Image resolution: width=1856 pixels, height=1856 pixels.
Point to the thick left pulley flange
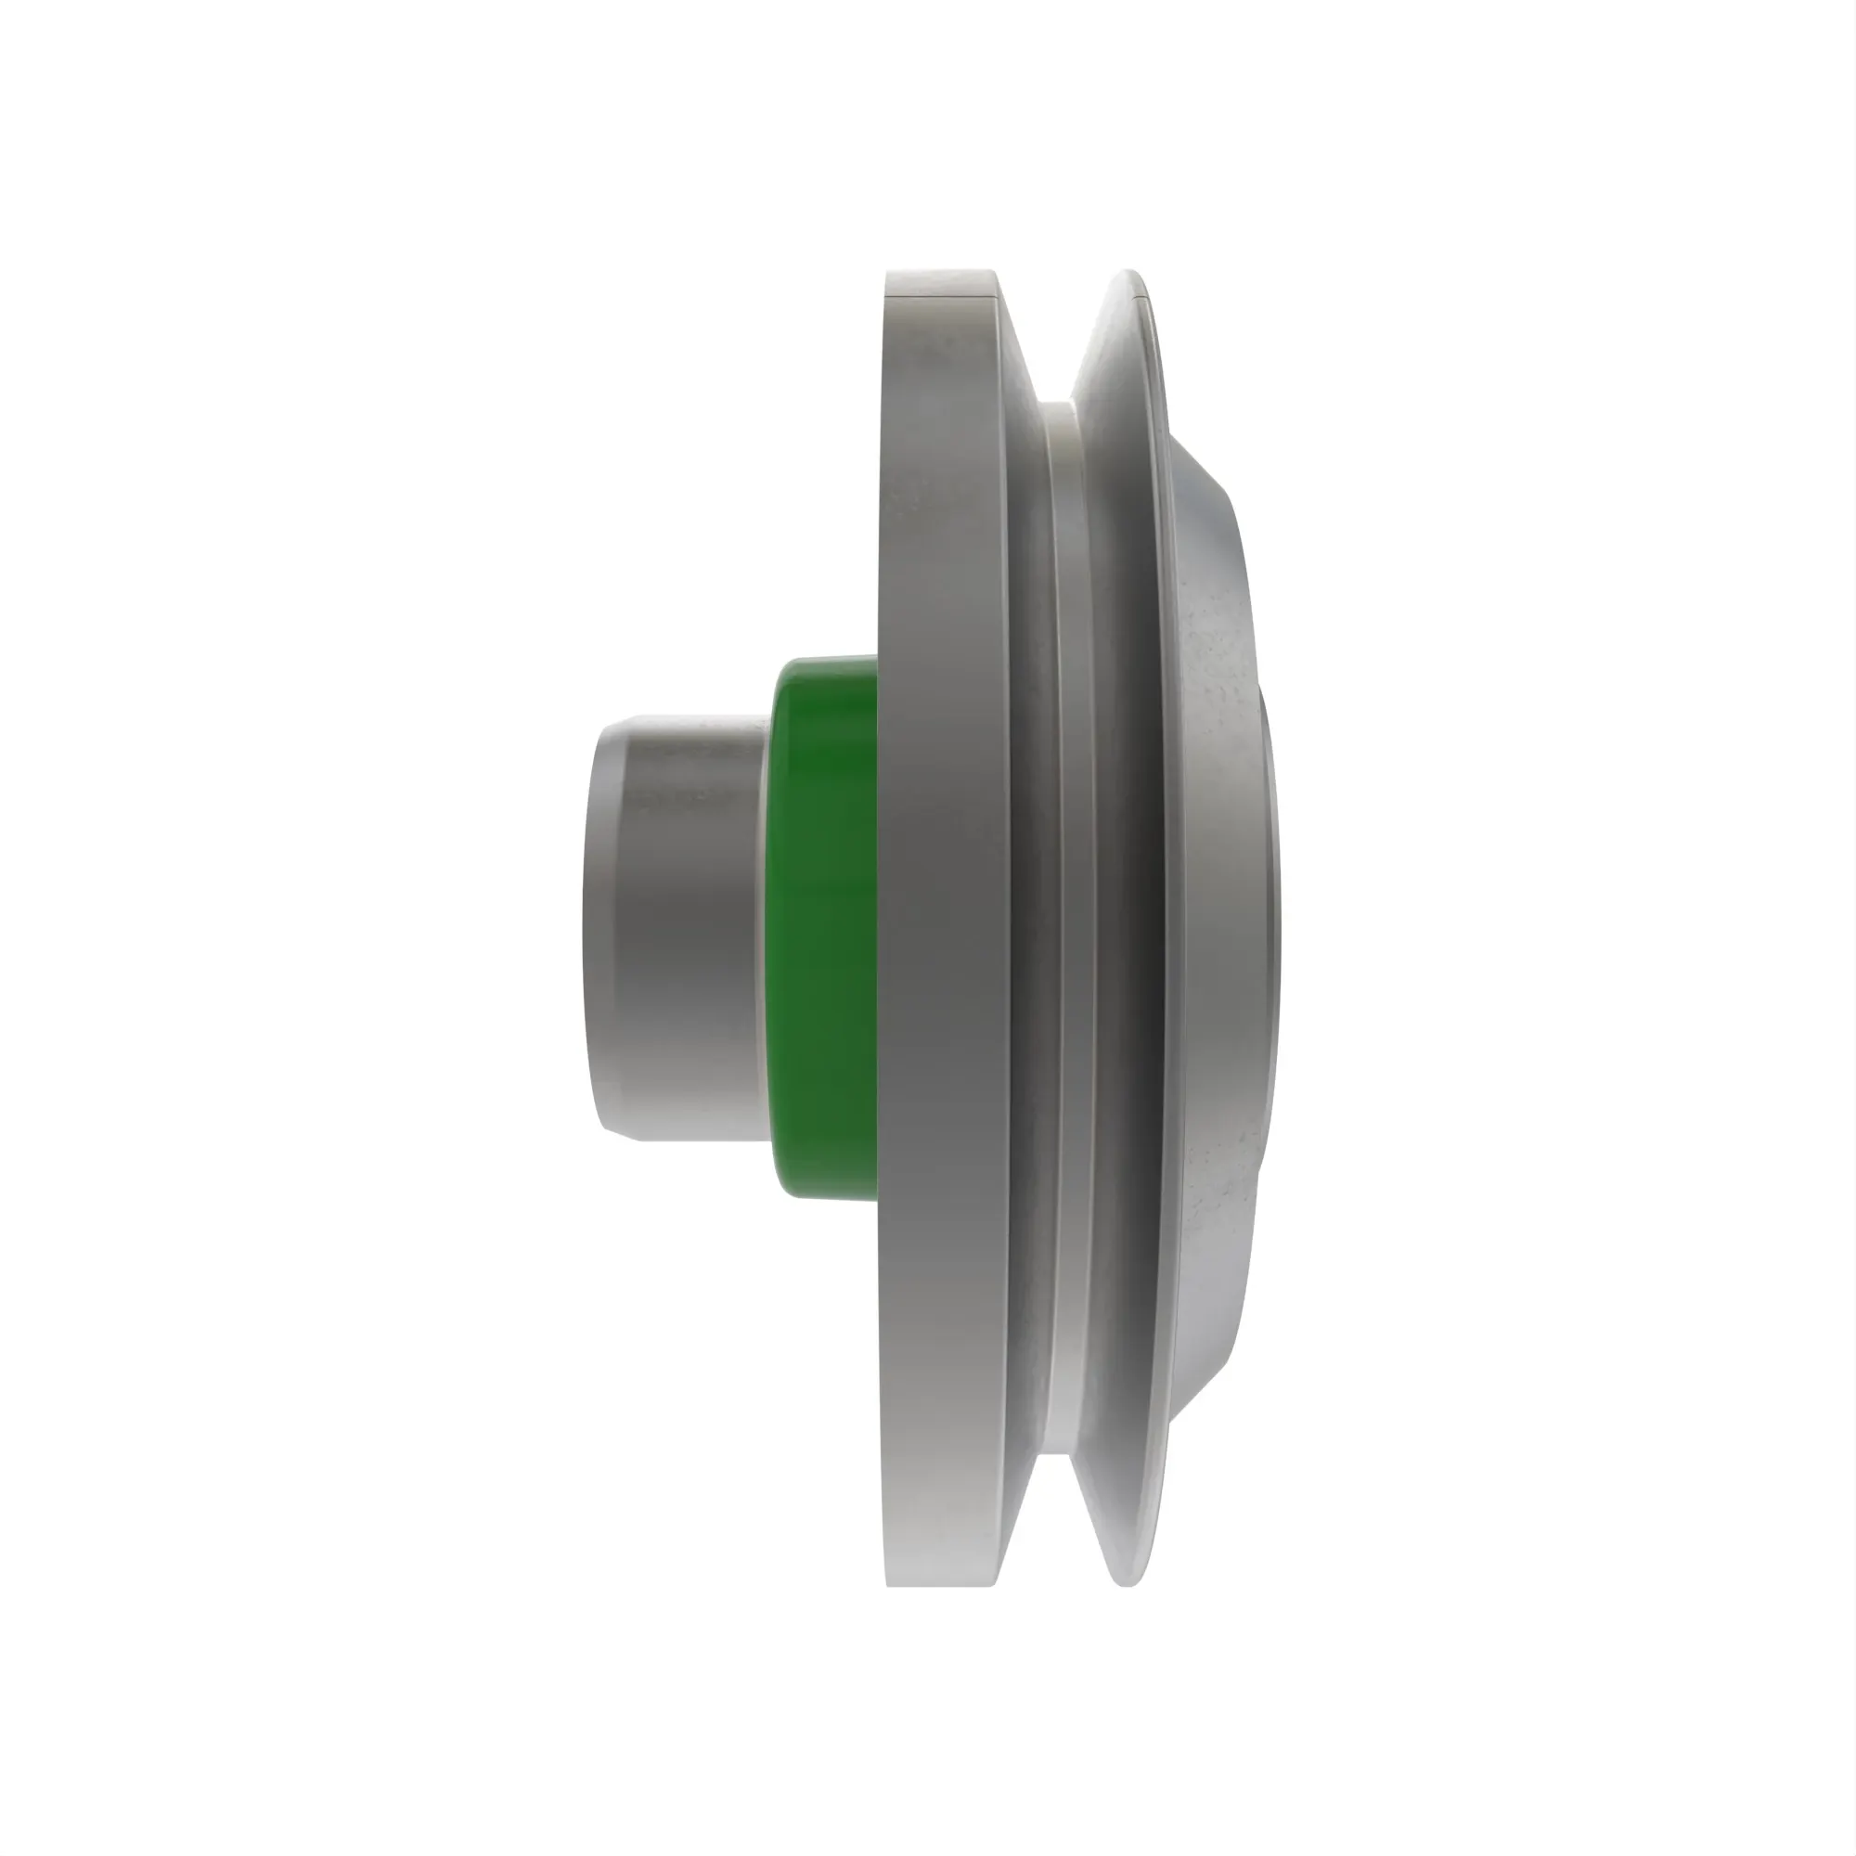click(x=947, y=928)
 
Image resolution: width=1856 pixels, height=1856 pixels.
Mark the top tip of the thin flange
click(x=1129, y=273)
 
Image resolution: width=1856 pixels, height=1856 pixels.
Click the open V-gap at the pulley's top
click(x=1057, y=336)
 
